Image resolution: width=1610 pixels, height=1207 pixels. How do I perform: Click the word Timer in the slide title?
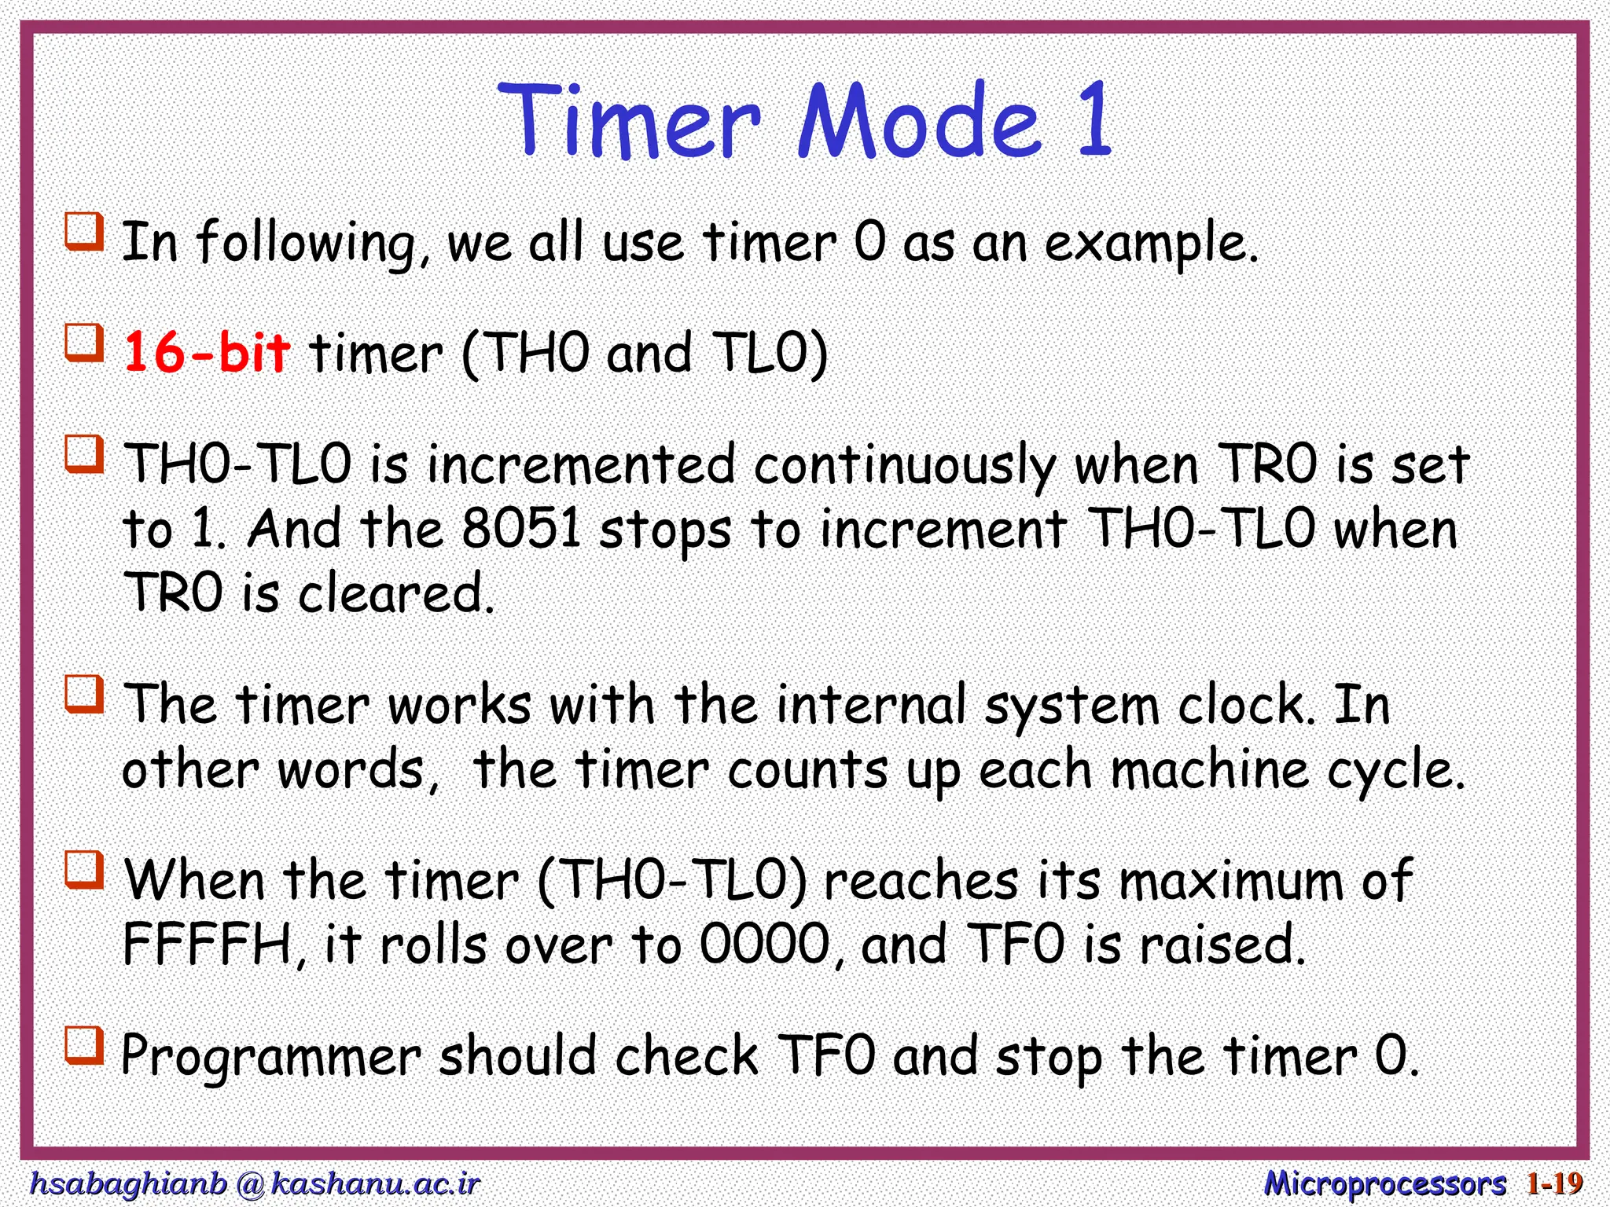click(x=629, y=122)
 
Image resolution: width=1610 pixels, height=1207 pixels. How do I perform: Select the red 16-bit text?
click(x=207, y=353)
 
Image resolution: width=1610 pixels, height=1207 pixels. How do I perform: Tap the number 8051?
click(x=520, y=529)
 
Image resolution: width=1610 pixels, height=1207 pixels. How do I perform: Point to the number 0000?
click(x=764, y=945)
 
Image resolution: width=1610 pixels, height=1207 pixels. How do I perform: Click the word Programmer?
click(x=270, y=1057)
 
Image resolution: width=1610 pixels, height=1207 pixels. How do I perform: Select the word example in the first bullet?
click(x=1150, y=244)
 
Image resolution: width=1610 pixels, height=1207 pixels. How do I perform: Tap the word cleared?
click(x=395, y=593)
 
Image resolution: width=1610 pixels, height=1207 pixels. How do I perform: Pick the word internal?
click(x=871, y=705)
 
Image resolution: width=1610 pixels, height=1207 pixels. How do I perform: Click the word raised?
click(x=1222, y=945)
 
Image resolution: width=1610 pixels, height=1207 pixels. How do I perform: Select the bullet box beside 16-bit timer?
click(x=84, y=343)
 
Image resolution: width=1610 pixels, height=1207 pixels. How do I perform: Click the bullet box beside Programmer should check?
click(x=84, y=1046)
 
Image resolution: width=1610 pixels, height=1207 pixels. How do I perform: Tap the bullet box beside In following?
click(x=84, y=232)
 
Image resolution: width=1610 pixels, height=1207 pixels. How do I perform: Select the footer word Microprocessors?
click(x=1384, y=1183)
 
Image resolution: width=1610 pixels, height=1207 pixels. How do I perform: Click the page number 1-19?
click(x=1554, y=1183)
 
